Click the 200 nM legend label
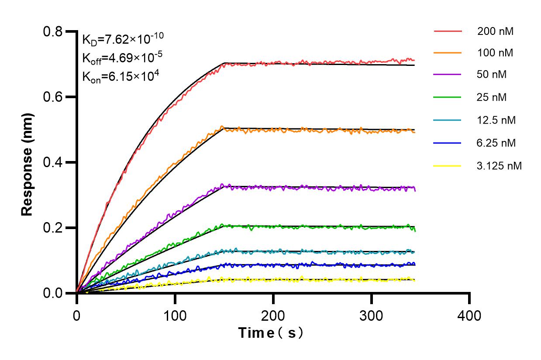point(495,31)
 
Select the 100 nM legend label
point(495,53)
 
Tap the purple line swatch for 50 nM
point(448,75)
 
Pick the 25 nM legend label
point(492,97)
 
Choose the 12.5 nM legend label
point(496,120)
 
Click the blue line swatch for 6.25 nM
point(448,143)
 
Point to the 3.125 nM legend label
point(500,166)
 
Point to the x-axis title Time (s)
point(270,333)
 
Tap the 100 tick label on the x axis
point(175,315)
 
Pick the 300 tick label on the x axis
point(371,315)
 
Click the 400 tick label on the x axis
point(469,315)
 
